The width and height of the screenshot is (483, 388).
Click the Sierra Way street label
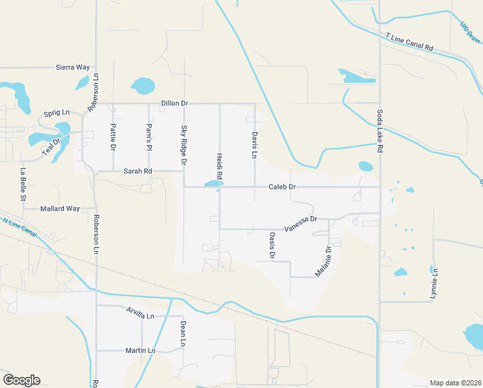click(72, 67)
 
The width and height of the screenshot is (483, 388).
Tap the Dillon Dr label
click(174, 103)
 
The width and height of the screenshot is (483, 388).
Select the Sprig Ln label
click(56, 113)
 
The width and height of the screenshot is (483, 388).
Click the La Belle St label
click(23, 184)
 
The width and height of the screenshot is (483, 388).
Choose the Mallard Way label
click(59, 209)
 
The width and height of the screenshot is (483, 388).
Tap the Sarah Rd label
click(138, 171)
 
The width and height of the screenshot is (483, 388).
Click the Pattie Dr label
click(113, 137)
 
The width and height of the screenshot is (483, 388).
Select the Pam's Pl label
click(149, 137)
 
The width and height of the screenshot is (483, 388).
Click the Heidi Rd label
click(220, 166)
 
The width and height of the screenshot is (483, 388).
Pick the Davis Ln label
click(254, 145)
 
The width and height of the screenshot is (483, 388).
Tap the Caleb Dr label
click(282, 187)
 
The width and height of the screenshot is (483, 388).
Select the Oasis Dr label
click(272, 245)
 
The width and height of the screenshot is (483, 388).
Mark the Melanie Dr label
click(324, 261)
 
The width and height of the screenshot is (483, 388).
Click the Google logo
click(21, 380)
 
